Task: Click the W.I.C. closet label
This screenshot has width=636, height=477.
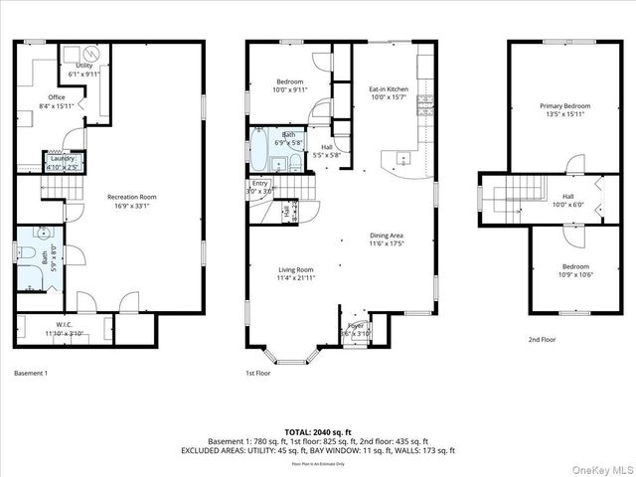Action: tap(63, 329)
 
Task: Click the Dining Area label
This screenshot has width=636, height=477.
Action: tap(388, 238)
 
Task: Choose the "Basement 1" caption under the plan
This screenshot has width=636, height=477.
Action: tap(31, 373)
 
